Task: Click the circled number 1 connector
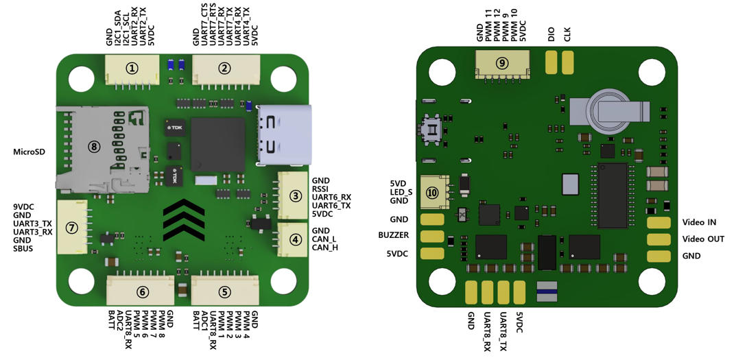[x=132, y=69]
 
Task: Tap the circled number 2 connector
[x=225, y=69]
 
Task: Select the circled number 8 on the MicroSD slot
[x=95, y=146]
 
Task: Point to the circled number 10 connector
[x=433, y=193]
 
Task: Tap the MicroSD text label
[x=29, y=152]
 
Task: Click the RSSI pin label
[x=320, y=189]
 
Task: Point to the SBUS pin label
[x=23, y=248]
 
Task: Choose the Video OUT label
[x=703, y=239]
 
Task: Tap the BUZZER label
[x=393, y=235]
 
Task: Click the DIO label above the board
[x=551, y=34]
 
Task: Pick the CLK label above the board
[x=567, y=34]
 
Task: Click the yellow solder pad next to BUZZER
[x=432, y=236]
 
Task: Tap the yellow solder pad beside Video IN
[x=658, y=222]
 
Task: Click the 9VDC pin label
[x=23, y=206]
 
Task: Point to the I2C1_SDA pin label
[x=118, y=28]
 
